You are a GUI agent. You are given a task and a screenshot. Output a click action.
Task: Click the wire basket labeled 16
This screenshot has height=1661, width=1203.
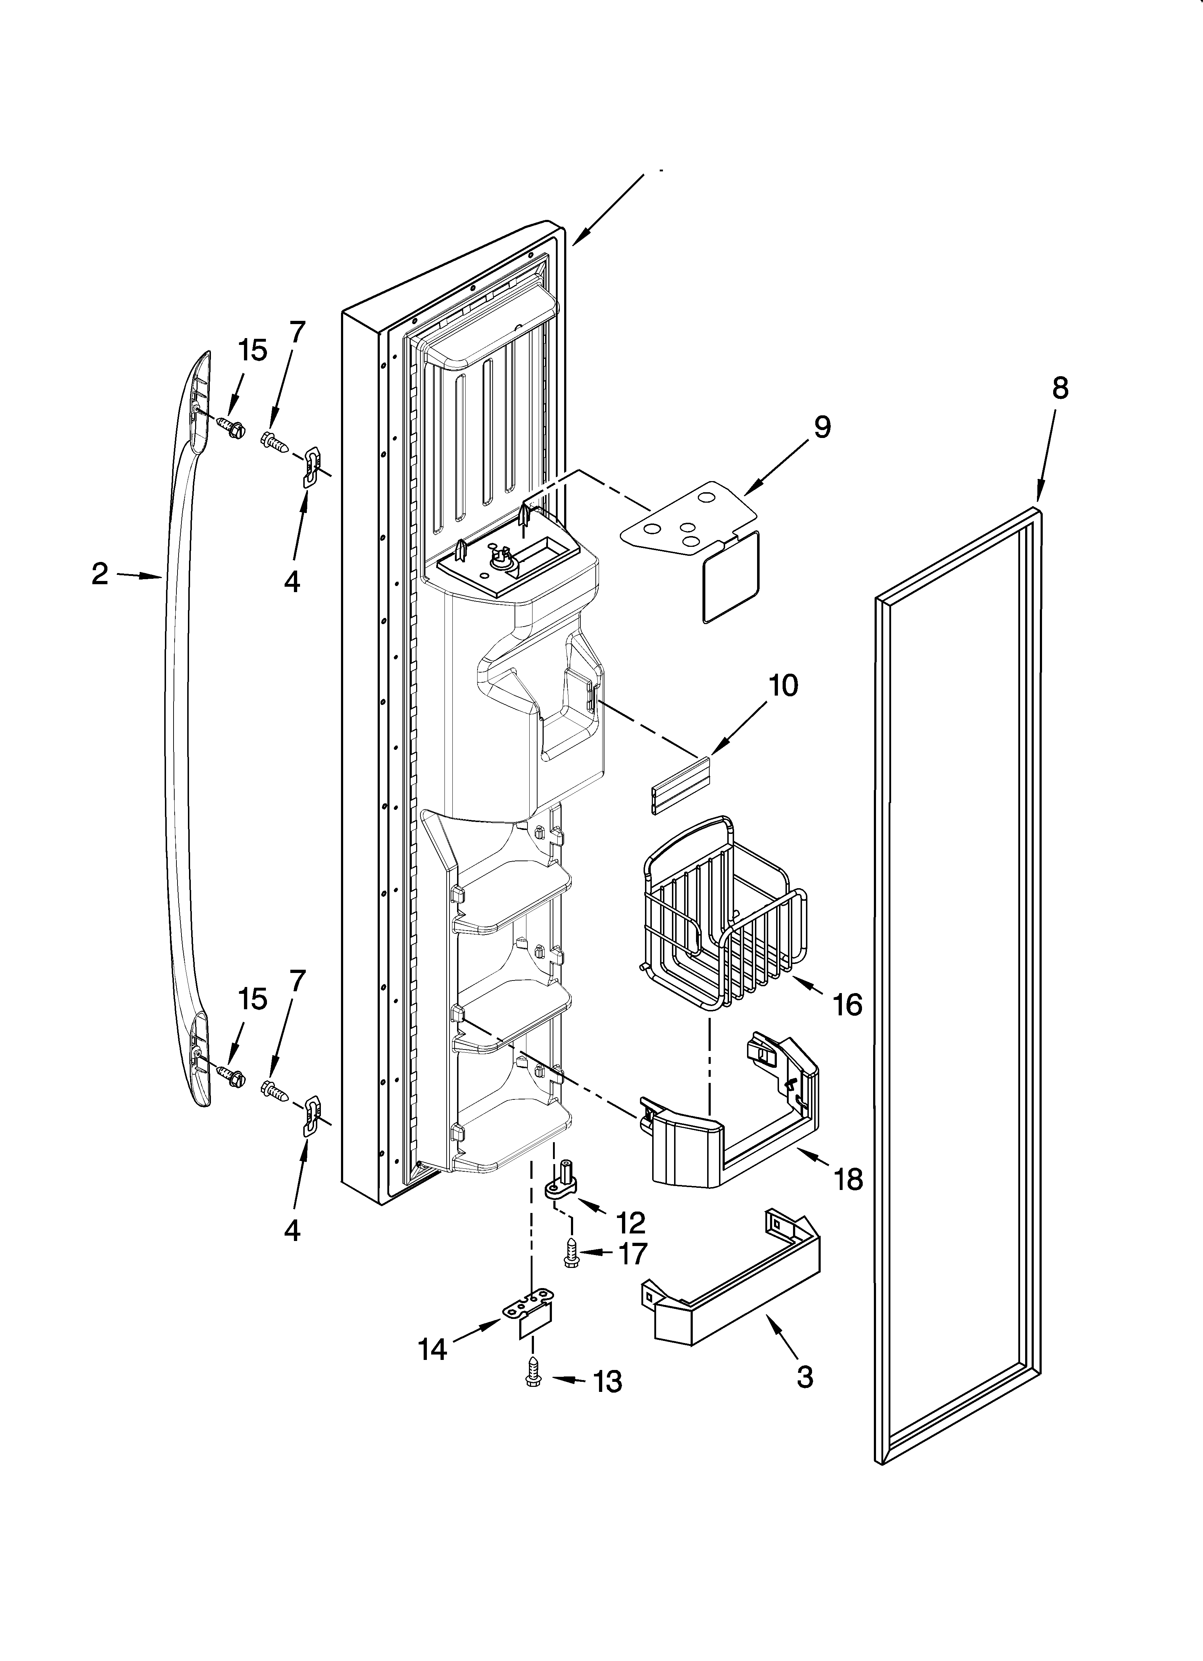(x=722, y=923)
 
